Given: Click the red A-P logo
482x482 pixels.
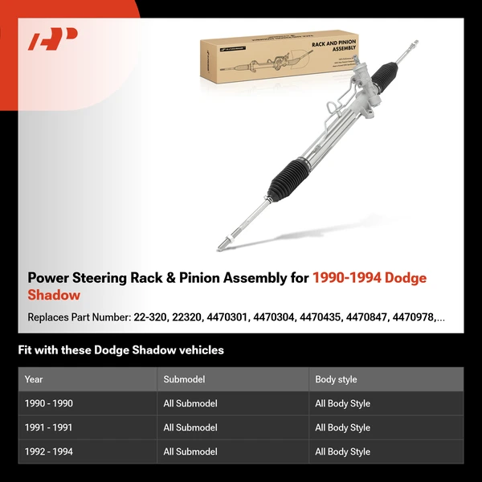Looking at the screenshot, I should click(52, 39).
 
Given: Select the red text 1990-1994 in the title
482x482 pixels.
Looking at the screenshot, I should click(346, 278).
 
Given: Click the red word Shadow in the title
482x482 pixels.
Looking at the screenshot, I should click(54, 295).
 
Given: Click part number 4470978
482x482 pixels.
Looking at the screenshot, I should click(413, 317).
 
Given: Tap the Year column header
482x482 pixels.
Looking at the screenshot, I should click(34, 379).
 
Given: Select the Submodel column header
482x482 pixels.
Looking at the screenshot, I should click(184, 379).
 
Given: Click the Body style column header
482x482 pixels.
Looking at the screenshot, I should click(336, 379).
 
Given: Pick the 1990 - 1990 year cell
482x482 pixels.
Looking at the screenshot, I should click(49, 403).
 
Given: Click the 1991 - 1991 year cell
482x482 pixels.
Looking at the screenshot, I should click(49, 427).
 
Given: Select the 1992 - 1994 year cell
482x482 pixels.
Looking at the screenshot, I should click(49, 451).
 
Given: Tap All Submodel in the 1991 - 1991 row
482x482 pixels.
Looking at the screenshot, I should click(190, 427).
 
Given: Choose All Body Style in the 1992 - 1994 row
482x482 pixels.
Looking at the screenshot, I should click(342, 451).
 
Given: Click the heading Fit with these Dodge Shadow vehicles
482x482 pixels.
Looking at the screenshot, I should click(120, 350).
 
